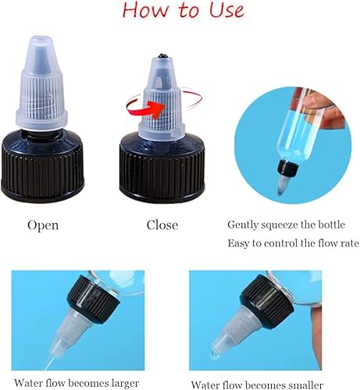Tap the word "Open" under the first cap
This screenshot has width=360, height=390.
click(x=43, y=225)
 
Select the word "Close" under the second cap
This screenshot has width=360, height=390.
click(x=162, y=225)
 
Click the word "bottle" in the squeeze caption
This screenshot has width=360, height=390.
click(x=339, y=224)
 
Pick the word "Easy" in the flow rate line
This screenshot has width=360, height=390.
click(x=240, y=243)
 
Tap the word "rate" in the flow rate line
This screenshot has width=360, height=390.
click(x=347, y=243)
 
